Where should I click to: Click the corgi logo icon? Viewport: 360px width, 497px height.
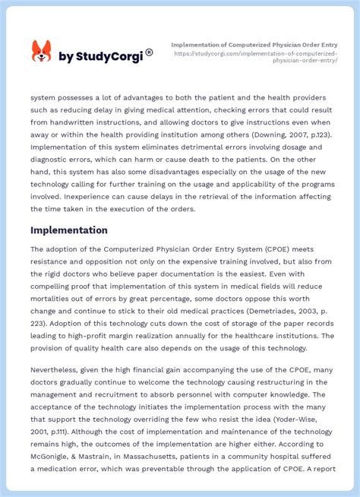pyautogui.click(x=41, y=52)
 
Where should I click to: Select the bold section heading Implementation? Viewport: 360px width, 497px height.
pyautogui.click(x=69, y=230)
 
